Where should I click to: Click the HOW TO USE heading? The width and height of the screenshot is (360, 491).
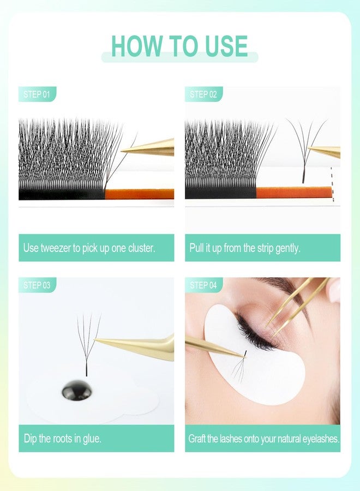tap(179, 46)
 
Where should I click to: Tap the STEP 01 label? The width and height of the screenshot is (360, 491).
tap(37, 94)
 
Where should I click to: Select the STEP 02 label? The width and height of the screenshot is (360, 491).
tap(203, 94)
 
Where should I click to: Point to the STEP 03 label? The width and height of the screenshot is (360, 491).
tap(37, 285)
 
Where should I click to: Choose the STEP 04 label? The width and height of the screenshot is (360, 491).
tap(203, 285)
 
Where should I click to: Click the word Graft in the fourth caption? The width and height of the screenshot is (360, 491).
tap(197, 438)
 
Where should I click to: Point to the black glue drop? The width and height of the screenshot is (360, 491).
tap(76, 390)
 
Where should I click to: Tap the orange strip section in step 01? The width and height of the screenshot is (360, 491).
tap(139, 194)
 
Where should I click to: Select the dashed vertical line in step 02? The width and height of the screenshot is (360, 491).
tap(332, 185)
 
